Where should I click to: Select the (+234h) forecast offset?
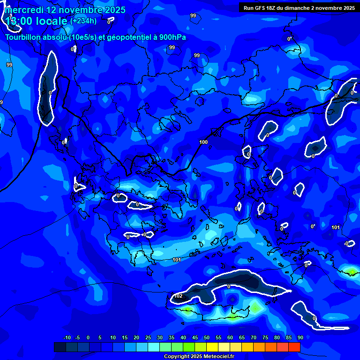click(83, 21)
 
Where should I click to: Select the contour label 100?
click(203, 142)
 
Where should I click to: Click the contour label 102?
click(178, 296)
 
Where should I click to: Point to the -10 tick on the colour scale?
click(67, 337)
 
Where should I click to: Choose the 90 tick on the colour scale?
click(300, 337)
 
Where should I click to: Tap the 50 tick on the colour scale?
click(207, 337)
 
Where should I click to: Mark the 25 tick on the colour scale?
click(148, 337)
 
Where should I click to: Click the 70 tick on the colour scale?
click(254, 337)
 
